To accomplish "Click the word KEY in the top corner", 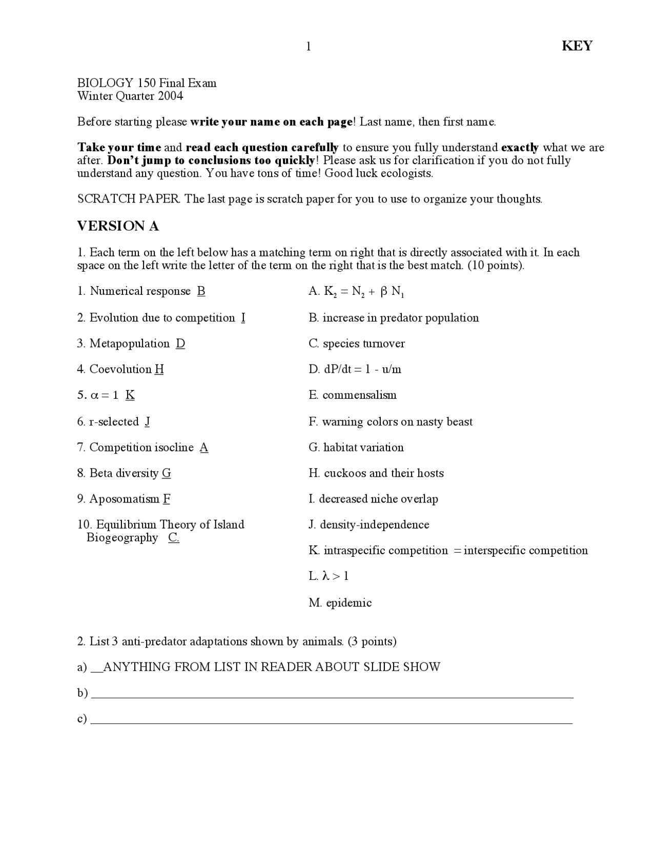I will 577,46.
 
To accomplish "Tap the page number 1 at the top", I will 309,47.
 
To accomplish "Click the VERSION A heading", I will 118,226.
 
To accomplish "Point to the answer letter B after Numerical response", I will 201,291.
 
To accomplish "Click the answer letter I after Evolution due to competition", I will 243,318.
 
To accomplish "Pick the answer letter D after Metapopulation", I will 180,343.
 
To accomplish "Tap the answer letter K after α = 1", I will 130,395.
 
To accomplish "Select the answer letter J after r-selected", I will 148,421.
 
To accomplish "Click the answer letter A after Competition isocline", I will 204,448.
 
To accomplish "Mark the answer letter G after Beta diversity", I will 167,473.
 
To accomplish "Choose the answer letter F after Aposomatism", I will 167,499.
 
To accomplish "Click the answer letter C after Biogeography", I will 174,537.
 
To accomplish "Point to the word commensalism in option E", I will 360,395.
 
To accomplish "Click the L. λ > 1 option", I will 329,576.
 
